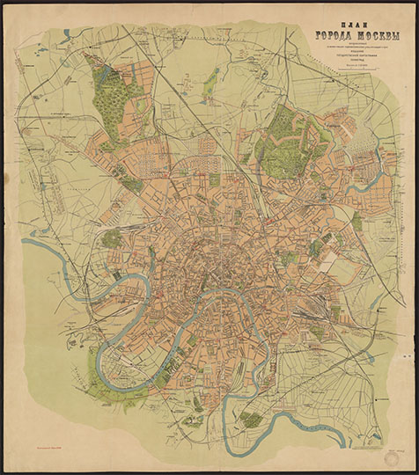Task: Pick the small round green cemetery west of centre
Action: point(113,238)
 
